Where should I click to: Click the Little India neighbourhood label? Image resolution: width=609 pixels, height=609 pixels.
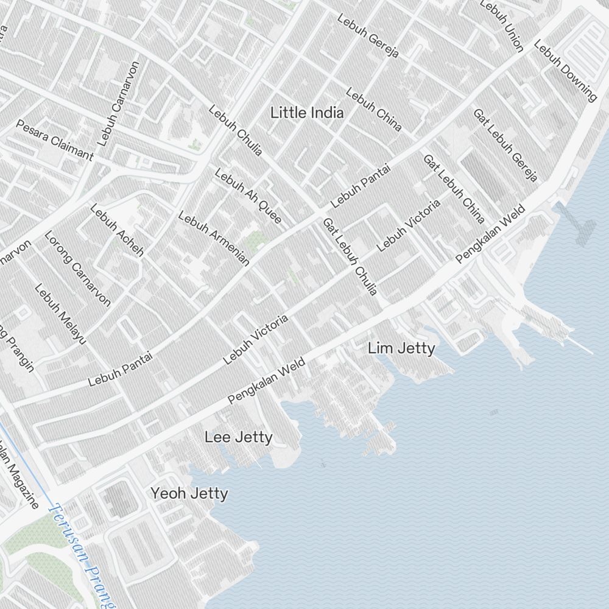(307, 113)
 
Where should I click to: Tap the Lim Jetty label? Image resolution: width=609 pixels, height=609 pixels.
(401, 348)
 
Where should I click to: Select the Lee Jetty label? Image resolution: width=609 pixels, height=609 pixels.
(238, 437)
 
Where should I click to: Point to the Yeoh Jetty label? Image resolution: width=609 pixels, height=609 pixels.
(189, 493)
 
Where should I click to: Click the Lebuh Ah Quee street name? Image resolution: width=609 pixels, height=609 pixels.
(248, 195)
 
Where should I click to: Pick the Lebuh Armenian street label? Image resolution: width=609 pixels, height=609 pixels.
(214, 238)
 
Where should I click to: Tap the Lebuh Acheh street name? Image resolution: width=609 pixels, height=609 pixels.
(117, 230)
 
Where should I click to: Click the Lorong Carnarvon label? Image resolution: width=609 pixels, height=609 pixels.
(77, 268)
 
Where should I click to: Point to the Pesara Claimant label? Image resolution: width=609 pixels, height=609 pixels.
(55, 140)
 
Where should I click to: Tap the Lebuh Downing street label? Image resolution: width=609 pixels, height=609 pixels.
(565, 70)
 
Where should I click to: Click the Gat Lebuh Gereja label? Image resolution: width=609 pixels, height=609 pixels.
(505, 145)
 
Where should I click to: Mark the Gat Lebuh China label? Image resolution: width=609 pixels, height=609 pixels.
(454, 188)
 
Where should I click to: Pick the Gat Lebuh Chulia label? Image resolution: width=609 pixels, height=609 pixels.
(350, 256)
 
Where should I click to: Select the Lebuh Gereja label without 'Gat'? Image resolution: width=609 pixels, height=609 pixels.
(368, 36)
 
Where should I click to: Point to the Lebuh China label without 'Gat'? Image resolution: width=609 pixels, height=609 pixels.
(374, 109)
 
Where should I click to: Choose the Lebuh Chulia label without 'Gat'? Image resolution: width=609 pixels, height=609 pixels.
(235, 130)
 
